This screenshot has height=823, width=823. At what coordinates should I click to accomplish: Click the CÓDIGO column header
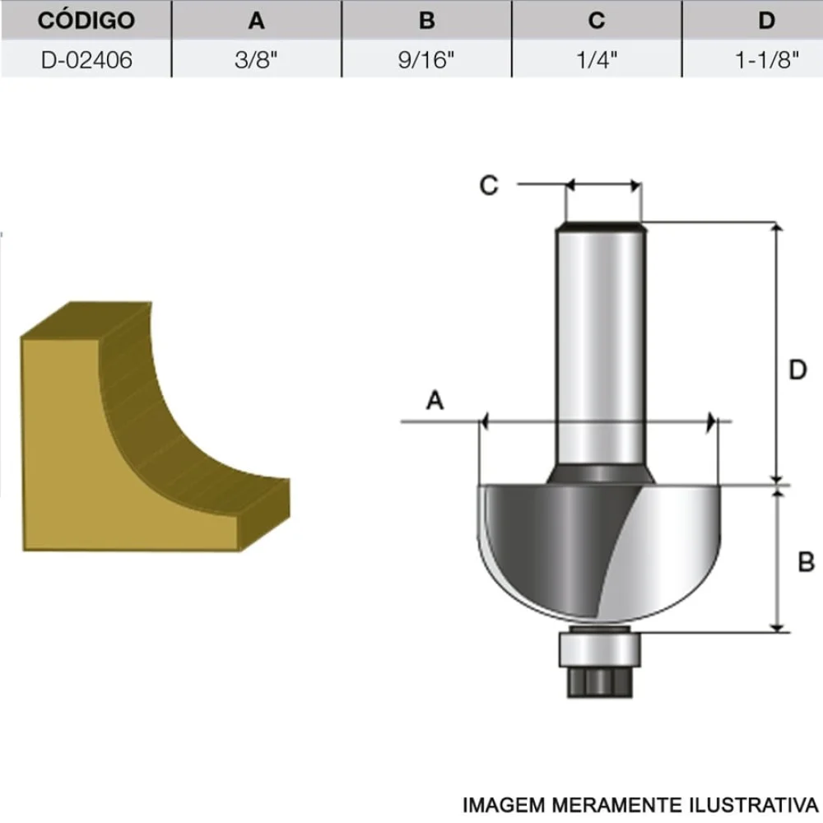coord(86,21)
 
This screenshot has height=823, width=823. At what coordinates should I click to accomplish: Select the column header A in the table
coord(257,21)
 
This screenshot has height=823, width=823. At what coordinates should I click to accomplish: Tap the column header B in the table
coord(426,21)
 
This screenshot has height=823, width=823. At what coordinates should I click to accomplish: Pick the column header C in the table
coord(597,21)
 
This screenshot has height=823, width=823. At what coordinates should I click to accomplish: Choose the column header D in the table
coord(766,21)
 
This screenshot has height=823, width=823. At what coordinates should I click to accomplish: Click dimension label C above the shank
coord(489,186)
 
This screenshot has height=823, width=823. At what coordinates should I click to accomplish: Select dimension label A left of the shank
coord(435,401)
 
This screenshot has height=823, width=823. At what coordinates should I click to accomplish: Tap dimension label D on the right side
coord(797,370)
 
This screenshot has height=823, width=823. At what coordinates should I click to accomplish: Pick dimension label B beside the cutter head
coord(806,562)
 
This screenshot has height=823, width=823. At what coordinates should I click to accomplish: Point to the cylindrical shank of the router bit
coord(601,346)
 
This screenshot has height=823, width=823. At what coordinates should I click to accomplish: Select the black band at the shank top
coord(601,224)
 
